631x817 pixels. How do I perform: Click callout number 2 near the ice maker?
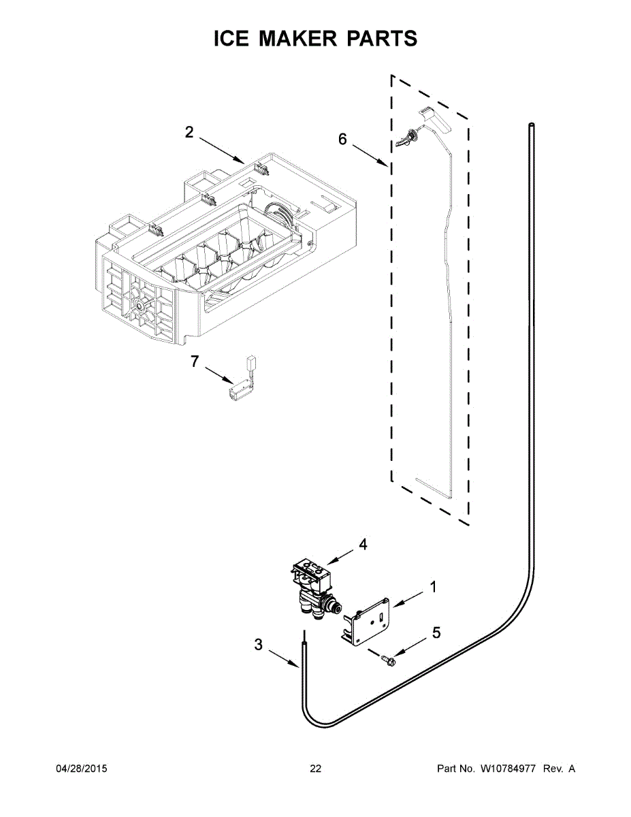click(189, 133)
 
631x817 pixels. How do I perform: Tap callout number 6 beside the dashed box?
click(342, 139)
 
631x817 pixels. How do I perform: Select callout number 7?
click(195, 362)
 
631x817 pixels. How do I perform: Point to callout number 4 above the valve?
click(363, 545)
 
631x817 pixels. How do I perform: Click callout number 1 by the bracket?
click(433, 587)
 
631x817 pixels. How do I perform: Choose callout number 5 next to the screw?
click(436, 632)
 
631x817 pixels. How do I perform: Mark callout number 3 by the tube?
click(258, 644)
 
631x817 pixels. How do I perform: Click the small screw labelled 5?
click(389, 658)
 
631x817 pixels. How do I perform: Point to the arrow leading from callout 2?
click(221, 150)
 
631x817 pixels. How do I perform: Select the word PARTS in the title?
click(384, 39)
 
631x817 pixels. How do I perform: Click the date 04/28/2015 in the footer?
click(81, 769)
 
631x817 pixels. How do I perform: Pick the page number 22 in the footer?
click(315, 769)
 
